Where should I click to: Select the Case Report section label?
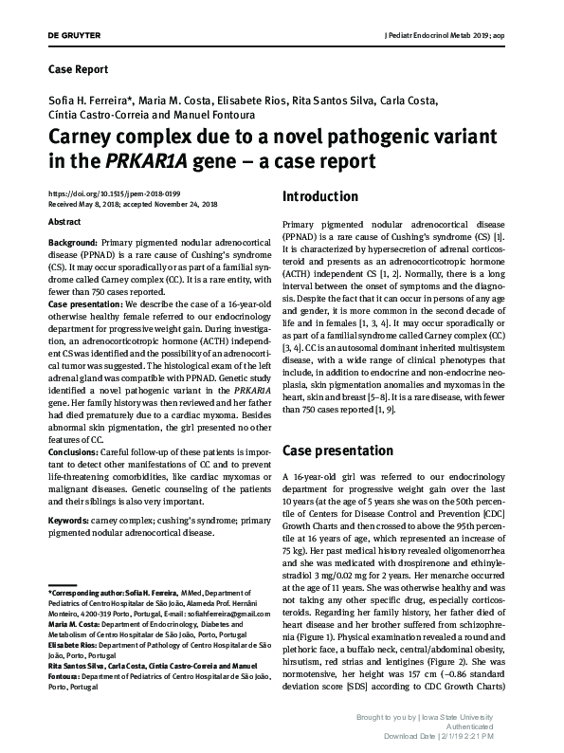click(78, 69)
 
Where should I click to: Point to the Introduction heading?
click(320, 197)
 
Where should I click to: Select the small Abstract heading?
click(64, 222)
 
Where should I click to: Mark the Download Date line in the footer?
click(469, 739)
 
